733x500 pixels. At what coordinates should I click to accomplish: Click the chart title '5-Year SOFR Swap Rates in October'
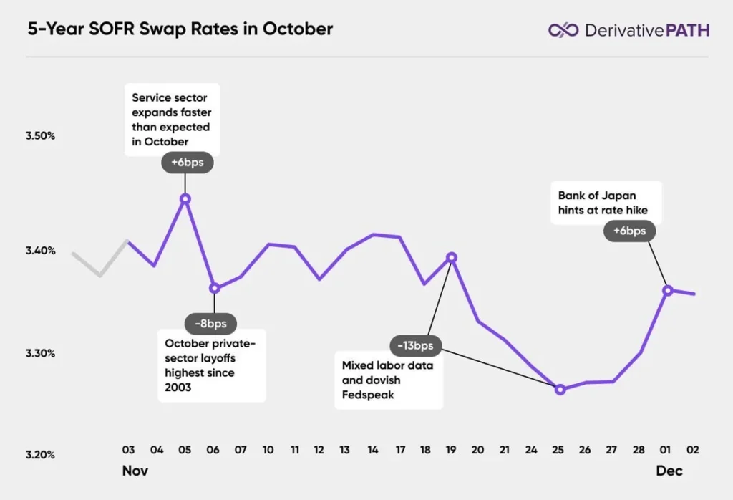pos(180,29)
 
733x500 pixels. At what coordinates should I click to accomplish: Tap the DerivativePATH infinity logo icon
pos(563,30)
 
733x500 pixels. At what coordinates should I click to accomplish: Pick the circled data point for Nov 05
pos(185,199)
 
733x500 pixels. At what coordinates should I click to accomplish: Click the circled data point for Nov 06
pos(213,288)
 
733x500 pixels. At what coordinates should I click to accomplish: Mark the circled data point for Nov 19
pos(451,257)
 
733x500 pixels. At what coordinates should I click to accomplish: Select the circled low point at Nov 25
pos(560,390)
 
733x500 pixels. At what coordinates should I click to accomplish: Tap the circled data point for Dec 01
pos(668,290)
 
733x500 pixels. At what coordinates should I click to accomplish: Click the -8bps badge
pos(210,324)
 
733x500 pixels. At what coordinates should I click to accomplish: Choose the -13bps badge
pos(416,345)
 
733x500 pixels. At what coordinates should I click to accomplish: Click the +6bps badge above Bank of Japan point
pos(629,231)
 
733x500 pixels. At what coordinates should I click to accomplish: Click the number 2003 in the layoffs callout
pos(180,387)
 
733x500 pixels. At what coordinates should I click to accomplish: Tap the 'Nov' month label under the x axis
pos(135,471)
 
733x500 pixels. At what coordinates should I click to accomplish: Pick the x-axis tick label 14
pos(373,450)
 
